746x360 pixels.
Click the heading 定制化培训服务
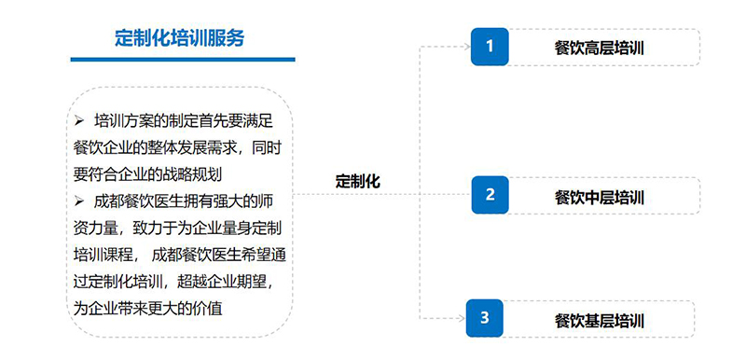179,38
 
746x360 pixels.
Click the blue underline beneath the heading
183,60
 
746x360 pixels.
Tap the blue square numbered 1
490,47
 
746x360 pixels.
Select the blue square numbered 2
490,195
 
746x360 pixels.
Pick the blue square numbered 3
484,318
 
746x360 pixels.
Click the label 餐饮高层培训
599,48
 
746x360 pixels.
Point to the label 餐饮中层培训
599,197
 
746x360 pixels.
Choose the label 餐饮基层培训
599,321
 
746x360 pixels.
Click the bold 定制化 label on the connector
358,181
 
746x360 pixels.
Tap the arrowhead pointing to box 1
467,47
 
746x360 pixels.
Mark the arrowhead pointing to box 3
462,318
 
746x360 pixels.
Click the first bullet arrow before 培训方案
79,121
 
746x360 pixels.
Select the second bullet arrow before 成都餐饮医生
79,201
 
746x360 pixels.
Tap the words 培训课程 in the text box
104,255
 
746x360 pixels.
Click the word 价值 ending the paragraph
207,309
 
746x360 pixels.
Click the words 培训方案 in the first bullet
124,121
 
